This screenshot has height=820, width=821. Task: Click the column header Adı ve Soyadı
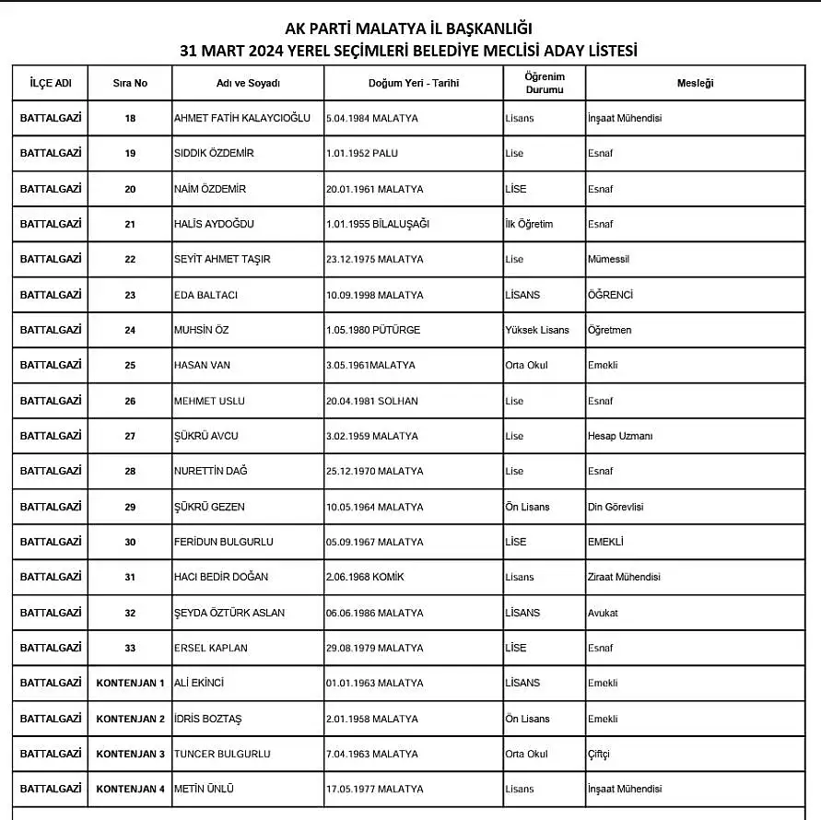(247, 83)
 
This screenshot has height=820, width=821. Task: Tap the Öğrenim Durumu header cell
(544, 83)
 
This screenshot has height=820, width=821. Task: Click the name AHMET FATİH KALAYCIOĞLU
(241, 119)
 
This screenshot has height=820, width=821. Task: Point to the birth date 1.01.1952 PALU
(362, 154)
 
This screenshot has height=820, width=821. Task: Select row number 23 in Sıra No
(130, 295)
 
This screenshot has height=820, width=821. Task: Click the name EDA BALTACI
(205, 295)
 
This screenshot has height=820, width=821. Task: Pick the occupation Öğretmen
(609, 330)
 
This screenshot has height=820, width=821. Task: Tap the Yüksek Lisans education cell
(537, 330)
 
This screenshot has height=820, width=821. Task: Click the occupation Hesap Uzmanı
(619, 436)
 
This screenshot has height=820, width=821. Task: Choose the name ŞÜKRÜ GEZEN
(209, 507)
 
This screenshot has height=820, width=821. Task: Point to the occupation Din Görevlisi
(616, 507)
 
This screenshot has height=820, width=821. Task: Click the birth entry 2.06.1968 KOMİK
(365, 577)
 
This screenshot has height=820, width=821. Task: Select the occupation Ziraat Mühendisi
(624, 577)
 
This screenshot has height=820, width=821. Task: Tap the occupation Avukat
(603, 613)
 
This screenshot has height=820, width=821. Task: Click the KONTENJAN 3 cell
(131, 754)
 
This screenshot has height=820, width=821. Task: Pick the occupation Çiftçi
(598, 754)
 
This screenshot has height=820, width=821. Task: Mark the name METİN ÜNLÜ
(204, 789)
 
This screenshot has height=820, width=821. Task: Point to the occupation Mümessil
(608, 260)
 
